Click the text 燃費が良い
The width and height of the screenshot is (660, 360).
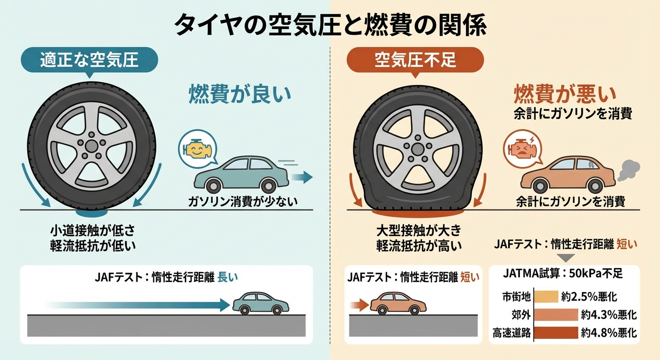click(x=240, y=94)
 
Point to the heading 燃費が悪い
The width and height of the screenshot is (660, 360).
click(x=565, y=94)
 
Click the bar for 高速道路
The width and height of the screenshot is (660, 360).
click(x=556, y=333)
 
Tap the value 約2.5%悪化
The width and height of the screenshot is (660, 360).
click(x=589, y=297)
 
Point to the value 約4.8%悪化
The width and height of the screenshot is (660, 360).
click(x=608, y=333)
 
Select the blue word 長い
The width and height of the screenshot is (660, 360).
click(x=228, y=277)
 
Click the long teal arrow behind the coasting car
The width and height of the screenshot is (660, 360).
click(x=141, y=305)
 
